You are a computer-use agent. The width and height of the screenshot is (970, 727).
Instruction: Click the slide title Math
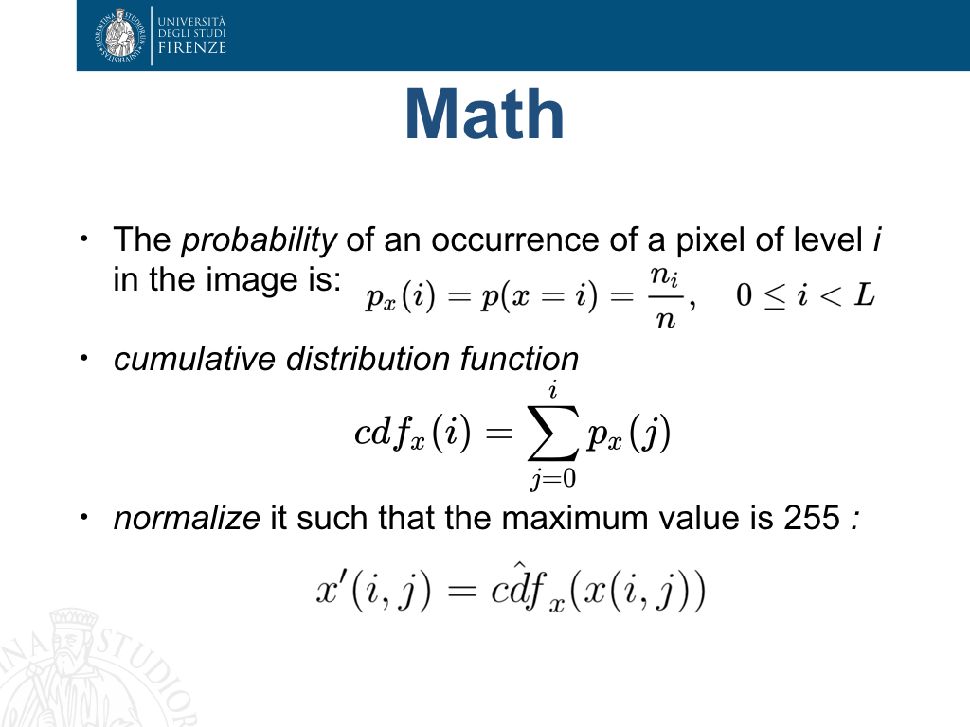point(484,115)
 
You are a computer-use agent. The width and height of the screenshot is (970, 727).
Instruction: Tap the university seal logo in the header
point(120,35)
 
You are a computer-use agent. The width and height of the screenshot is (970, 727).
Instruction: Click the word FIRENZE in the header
point(191,47)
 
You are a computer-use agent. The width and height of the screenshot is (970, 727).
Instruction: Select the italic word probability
point(259,239)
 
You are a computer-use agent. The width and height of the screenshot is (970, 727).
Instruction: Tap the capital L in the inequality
point(864,294)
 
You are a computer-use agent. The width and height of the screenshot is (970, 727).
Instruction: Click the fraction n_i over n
point(665,296)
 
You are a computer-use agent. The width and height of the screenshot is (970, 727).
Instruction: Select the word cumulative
point(194,359)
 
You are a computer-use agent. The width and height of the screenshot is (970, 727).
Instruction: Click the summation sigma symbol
point(552,433)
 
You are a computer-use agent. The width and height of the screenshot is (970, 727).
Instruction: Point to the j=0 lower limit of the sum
point(552,478)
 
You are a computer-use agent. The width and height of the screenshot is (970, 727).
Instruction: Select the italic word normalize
point(187,518)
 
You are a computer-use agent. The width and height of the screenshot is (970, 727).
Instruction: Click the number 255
point(812,518)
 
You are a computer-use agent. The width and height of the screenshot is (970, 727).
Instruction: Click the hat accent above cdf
point(520,564)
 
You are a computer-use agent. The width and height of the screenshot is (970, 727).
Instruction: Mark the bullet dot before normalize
point(84,517)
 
